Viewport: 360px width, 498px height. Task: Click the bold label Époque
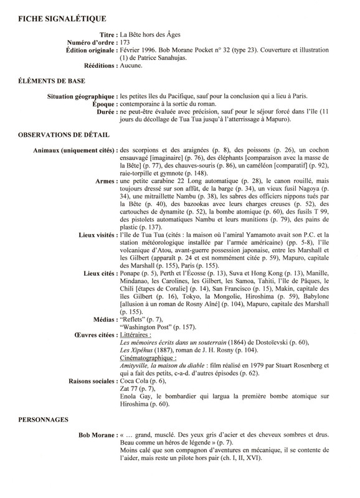pos(102,105)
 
